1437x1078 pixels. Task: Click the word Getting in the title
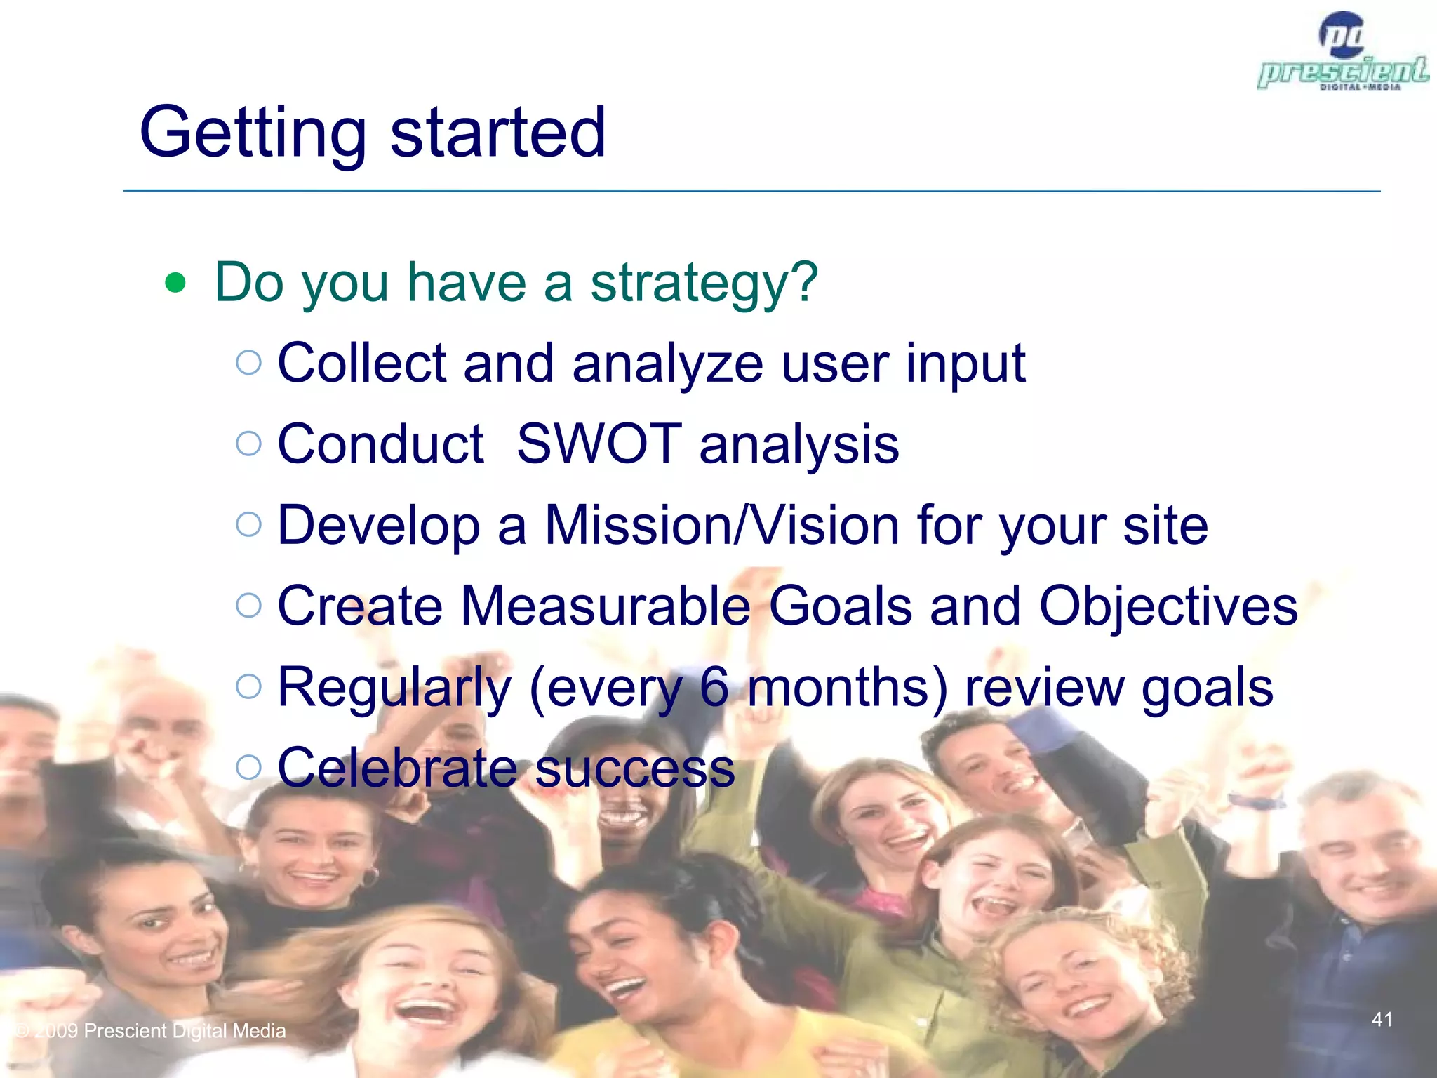tap(253, 133)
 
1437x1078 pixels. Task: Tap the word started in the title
tap(497, 133)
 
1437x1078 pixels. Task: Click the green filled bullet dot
tap(175, 284)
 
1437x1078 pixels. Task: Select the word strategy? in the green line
tap(704, 284)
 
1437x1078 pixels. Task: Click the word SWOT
tap(599, 444)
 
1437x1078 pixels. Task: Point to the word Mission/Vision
tap(722, 525)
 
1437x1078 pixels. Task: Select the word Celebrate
tap(397, 768)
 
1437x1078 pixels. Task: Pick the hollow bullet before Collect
tap(249, 363)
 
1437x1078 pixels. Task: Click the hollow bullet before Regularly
tap(249, 686)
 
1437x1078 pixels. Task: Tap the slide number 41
tap(1382, 1019)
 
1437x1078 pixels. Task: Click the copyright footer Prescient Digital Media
tap(151, 1030)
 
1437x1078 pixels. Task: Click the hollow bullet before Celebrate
tap(249, 766)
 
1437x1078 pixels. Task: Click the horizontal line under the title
tap(751, 191)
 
